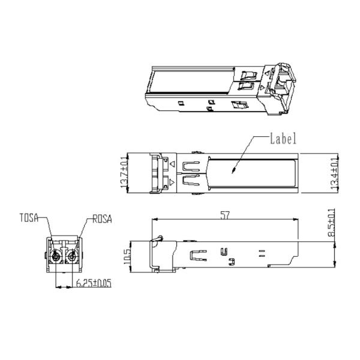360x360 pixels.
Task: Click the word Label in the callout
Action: [283, 139]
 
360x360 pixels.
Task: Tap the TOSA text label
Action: [29, 218]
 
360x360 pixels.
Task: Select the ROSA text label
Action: [102, 219]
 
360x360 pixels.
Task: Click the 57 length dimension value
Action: [225, 215]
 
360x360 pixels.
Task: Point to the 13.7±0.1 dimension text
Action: [124, 172]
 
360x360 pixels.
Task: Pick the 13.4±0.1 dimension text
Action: [335, 173]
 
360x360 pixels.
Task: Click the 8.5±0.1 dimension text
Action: [332, 223]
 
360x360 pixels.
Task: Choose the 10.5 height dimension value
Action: [127, 256]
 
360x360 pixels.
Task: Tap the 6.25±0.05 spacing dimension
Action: [94, 283]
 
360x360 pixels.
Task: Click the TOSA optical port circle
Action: [56, 257]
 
